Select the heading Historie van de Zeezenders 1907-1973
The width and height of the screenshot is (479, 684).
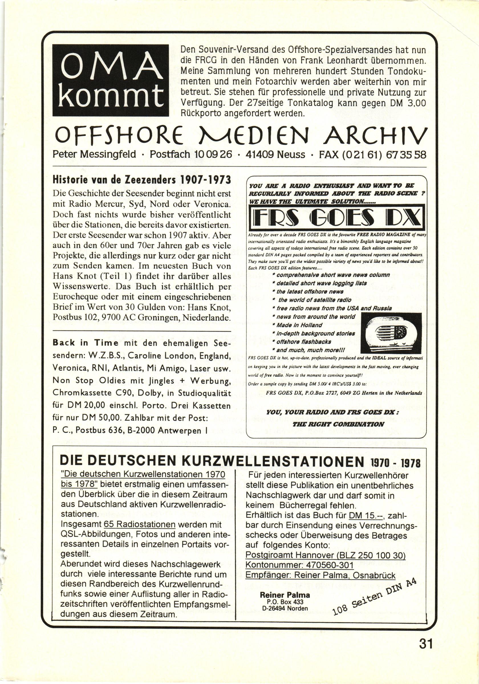coord(142,180)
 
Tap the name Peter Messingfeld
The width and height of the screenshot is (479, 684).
coord(94,155)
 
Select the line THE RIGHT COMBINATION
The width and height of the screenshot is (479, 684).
coord(338,424)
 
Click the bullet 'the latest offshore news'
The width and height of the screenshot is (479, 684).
coord(310,292)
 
